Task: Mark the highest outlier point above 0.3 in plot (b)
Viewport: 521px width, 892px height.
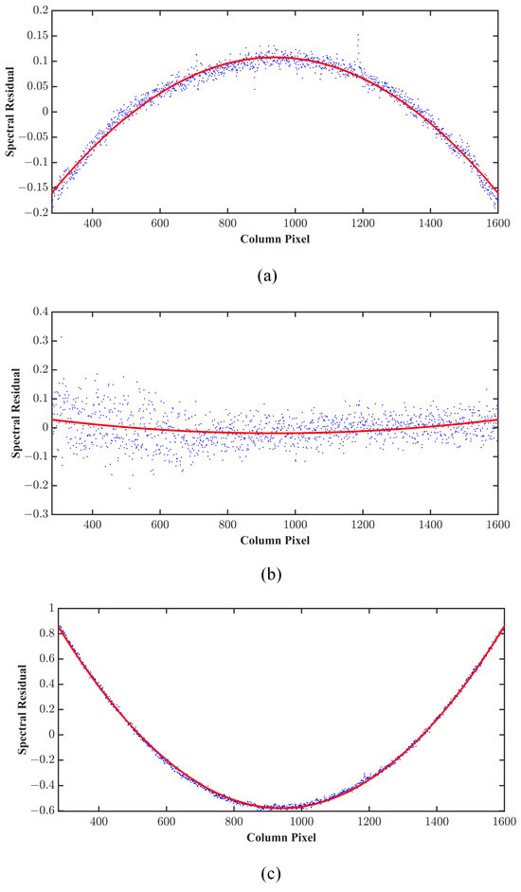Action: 62,336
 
